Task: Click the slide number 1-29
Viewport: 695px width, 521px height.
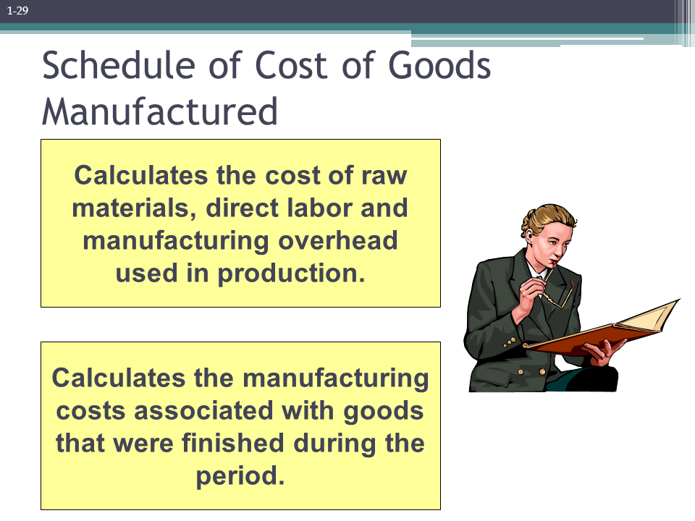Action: coord(17,10)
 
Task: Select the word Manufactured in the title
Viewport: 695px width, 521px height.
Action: coord(160,111)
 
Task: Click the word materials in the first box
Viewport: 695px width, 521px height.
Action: coord(134,208)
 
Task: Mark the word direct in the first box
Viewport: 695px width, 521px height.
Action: coord(238,208)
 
